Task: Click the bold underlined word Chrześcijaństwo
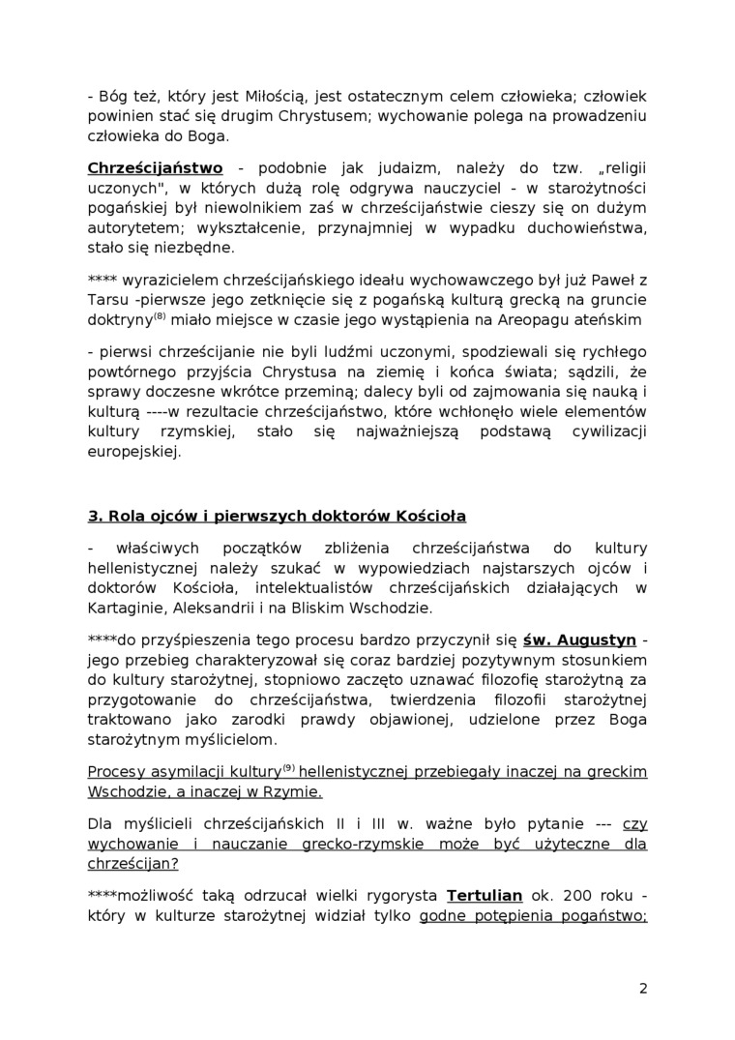155,167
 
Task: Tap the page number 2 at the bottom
643,988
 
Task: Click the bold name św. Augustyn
579,639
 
